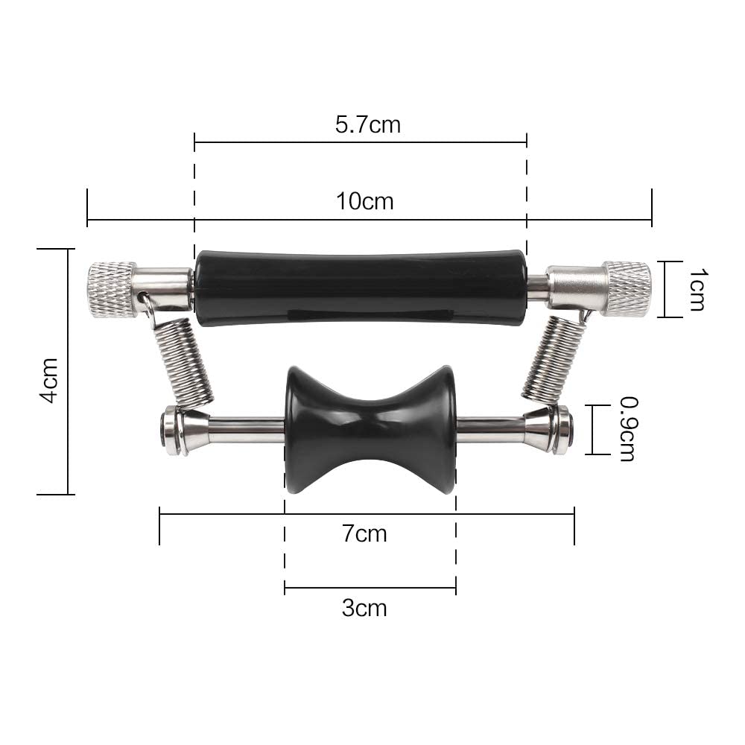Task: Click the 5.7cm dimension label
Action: click(x=368, y=124)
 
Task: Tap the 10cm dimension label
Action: click(x=365, y=201)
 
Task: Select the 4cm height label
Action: click(x=49, y=380)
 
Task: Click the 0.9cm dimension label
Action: click(x=627, y=429)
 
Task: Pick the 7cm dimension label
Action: click(x=364, y=533)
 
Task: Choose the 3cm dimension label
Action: click(x=364, y=608)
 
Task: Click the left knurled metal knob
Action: click(x=112, y=289)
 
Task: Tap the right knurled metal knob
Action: click(x=627, y=288)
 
